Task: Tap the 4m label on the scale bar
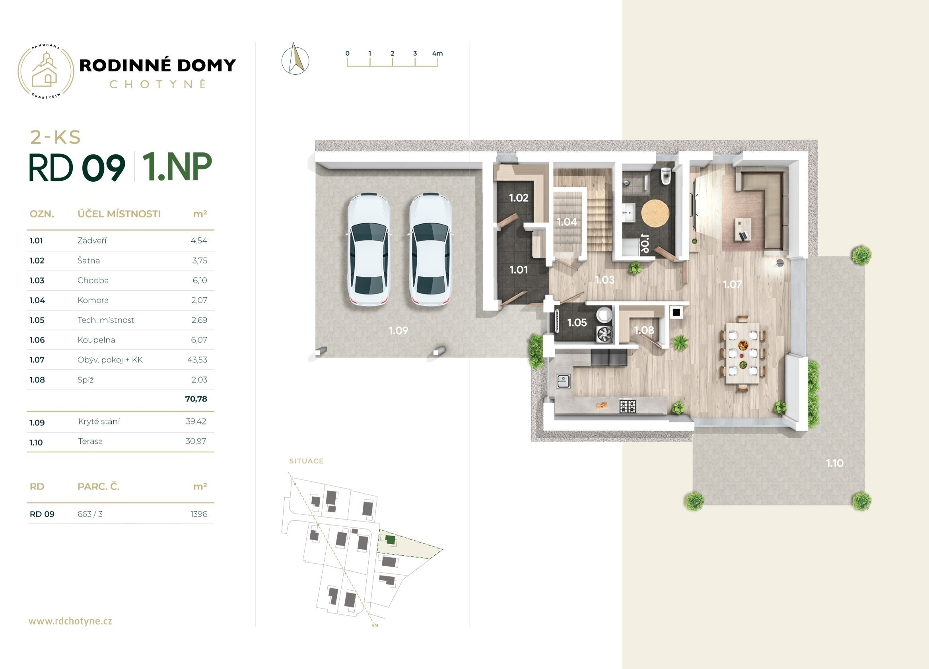tap(437, 53)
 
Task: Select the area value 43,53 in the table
tap(197, 360)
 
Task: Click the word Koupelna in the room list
tap(96, 340)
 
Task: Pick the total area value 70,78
tap(196, 399)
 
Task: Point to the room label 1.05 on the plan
tap(577, 323)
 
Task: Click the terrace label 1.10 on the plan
tap(834, 463)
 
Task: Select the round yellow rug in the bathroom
tap(655, 213)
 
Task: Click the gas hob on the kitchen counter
tap(628, 406)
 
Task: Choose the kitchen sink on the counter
tap(564, 381)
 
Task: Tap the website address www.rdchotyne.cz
tap(70, 621)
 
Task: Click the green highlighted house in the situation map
tap(390, 540)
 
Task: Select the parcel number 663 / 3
tap(90, 514)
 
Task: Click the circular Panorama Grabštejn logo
tap(45, 71)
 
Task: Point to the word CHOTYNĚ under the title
tap(158, 84)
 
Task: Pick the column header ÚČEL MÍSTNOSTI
tap(119, 214)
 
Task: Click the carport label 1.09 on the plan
tap(398, 330)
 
